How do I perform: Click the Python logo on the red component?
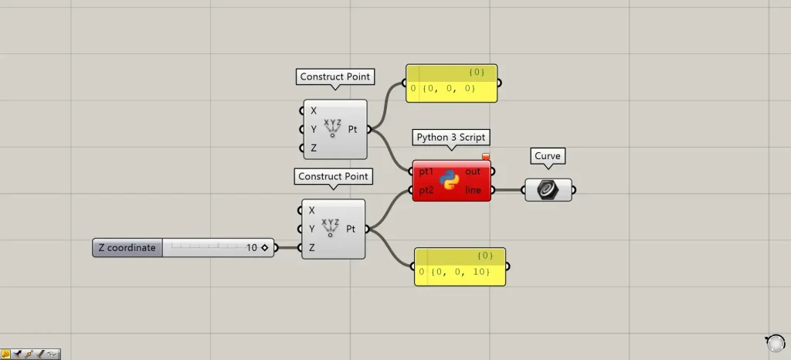click(450, 180)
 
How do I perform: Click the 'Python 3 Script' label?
click(452, 138)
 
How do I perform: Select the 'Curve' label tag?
click(548, 156)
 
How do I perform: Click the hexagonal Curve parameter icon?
click(548, 189)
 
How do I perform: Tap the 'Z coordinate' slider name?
click(127, 248)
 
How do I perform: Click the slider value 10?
click(252, 248)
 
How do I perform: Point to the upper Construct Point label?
click(335, 76)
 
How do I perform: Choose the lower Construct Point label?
click(334, 177)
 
